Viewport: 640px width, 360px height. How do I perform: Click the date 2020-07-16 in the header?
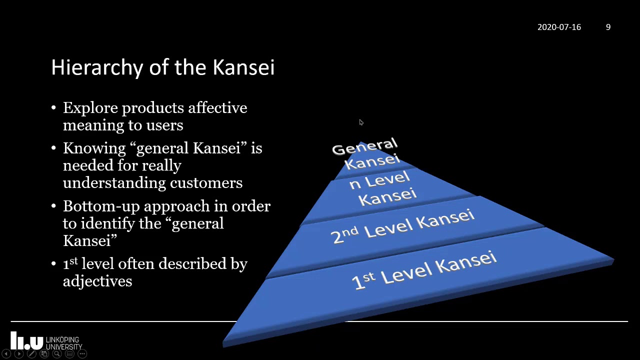click(559, 27)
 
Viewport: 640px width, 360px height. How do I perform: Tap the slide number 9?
click(608, 27)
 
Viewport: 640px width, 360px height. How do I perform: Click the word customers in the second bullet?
click(206, 183)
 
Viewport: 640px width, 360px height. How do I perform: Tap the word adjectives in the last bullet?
click(97, 281)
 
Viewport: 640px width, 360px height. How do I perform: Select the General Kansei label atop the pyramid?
click(366, 153)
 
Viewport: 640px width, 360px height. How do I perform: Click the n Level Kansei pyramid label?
click(383, 188)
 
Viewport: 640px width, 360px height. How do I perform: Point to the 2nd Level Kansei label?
click(402, 226)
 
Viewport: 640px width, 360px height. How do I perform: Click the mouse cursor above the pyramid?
click(361, 122)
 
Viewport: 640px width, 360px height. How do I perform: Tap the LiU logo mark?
click(26, 340)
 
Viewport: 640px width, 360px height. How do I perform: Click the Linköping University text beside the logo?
click(63, 343)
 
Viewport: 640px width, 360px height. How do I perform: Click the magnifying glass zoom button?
click(56, 354)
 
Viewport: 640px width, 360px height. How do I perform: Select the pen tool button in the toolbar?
click(31, 354)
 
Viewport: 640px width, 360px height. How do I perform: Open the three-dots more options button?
click(82, 354)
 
